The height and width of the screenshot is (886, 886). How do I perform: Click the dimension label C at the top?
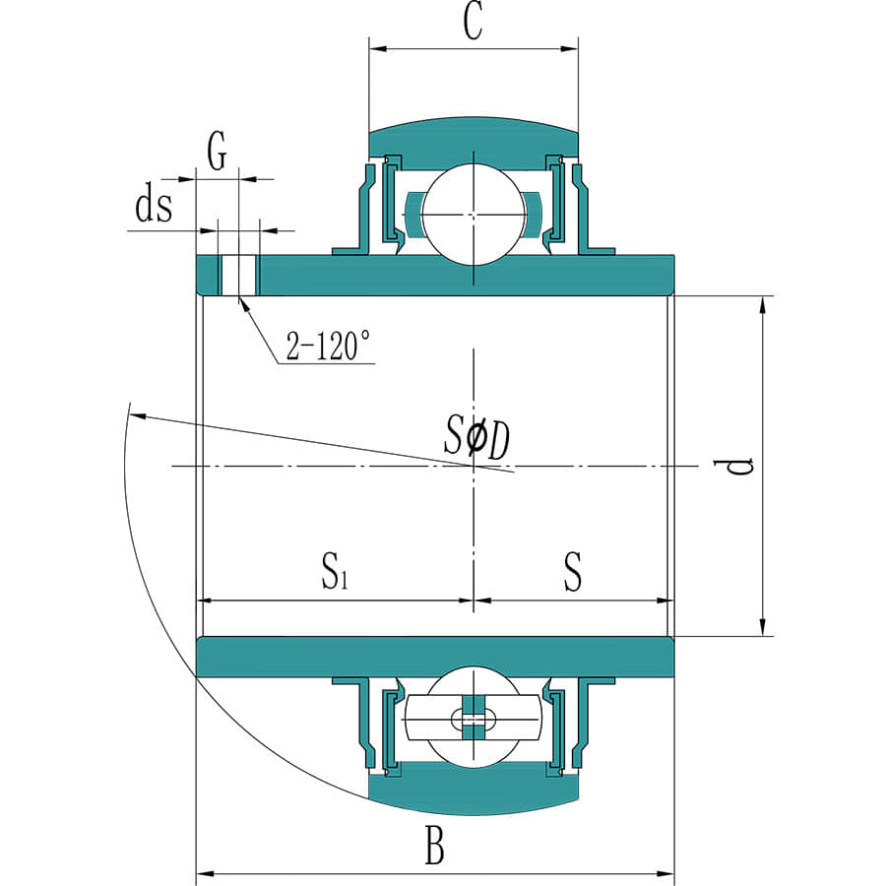tap(474, 23)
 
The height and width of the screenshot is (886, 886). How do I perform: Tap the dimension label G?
tap(217, 151)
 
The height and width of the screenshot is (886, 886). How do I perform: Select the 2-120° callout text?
tap(328, 346)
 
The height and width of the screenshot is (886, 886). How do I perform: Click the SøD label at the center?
tap(477, 437)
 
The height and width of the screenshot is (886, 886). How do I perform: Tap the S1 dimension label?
tap(335, 571)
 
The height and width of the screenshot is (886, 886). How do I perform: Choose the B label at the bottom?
tap(434, 846)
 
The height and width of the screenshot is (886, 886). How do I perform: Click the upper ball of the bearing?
tap(474, 215)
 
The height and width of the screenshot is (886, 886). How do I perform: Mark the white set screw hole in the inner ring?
tap(238, 276)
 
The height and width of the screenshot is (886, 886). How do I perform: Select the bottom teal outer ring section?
tap(474, 790)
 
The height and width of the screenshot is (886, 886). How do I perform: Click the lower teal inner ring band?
tap(435, 657)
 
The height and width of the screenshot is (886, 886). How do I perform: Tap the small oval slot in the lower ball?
tap(474, 719)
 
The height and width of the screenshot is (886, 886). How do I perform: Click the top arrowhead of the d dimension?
tap(762, 305)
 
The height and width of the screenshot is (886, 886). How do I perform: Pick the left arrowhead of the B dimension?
tap(206, 874)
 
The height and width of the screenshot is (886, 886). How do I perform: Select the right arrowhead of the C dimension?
tap(569, 48)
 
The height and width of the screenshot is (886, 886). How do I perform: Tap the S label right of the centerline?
tap(572, 571)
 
